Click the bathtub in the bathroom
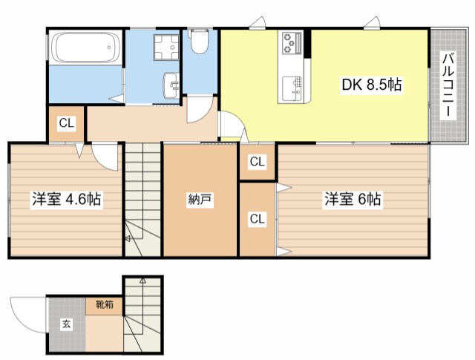85,49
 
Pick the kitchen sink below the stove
290,88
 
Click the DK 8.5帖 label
372,85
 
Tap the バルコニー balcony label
448,85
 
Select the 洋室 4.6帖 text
66,200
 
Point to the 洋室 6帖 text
353,200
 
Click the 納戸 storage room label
200,200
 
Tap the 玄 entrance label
66,324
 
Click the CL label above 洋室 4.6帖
66,124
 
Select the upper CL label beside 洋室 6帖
257,162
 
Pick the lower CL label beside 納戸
257,218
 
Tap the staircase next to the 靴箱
141,315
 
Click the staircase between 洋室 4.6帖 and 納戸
142,200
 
